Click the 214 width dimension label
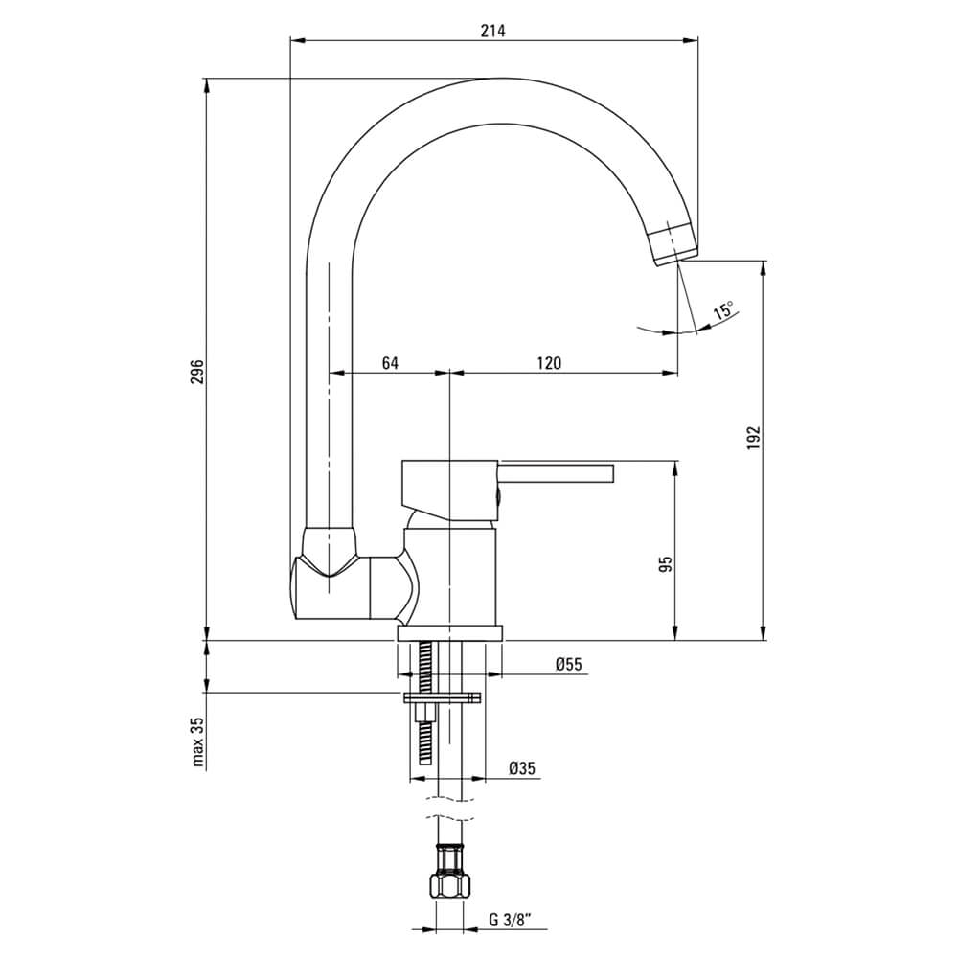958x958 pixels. [493, 31]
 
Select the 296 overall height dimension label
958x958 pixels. [196, 372]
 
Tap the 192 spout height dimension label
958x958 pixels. [753, 439]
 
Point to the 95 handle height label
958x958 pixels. [666, 563]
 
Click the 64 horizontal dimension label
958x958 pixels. [390, 363]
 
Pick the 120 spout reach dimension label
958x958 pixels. [549, 363]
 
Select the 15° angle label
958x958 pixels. [723, 310]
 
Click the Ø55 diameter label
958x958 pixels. [569, 664]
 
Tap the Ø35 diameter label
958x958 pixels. [522, 768]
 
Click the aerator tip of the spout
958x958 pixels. [674, 244]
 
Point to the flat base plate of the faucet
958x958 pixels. [449, 633]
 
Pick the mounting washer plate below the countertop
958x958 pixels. [442, 697]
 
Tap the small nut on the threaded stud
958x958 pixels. [422, 713]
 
